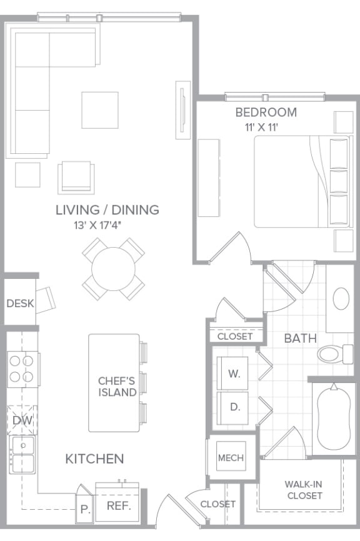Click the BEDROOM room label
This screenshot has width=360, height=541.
click(266, 113)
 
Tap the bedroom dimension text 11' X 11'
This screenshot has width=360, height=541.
click(261, 127)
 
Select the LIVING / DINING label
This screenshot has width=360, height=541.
click(107, 210)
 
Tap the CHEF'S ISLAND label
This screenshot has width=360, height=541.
click(117, 386)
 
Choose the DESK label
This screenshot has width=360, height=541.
click(19, 303)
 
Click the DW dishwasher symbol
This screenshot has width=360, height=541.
click(22, 420)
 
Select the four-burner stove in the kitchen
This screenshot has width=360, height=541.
click(22, 369)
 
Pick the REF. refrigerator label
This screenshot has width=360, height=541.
click(118, 505)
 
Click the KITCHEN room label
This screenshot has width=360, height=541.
click(94, 458)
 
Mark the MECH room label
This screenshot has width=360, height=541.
click(231, 458)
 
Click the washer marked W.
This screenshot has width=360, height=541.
click(234, 374)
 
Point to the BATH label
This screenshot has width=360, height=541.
click(300, 338)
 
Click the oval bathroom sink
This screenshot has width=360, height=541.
click(341, 299)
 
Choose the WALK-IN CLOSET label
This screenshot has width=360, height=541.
click(303, 490)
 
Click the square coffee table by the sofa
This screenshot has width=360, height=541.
click(99, 110)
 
